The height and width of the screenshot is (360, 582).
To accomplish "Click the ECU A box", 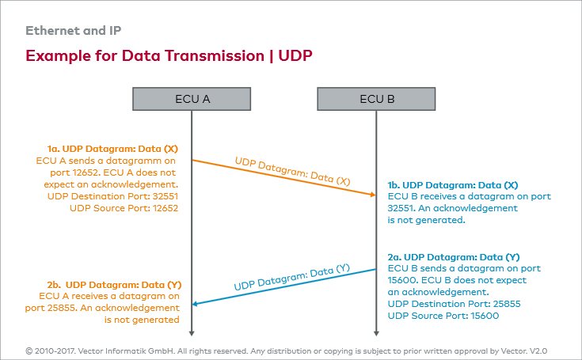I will pyautogui.click(x=192, y=99).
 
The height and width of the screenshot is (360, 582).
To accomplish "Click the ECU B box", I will pyautogui.click(x=376, y=99).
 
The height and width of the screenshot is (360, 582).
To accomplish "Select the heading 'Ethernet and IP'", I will pyautogui.click(x=74, y=31).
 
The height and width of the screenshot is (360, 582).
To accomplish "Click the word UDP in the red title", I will pyautogui.click(x=295, y=56).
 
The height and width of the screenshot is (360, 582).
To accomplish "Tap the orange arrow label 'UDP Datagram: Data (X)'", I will pyautogui.click(x=292, y=172).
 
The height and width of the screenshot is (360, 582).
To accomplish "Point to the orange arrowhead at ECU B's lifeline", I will pyautogui.click(x=371, y=194).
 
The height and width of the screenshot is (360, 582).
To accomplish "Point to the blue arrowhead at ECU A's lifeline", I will pyautogui.click(x=198, y=303).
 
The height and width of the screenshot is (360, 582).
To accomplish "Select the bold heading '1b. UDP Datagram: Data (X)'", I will pyautogui.click(x=453, y=184).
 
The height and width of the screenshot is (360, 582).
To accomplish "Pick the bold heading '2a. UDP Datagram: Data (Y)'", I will pyautogui.click(x=454, y=257).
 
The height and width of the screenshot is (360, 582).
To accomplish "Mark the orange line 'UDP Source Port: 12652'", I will pyautogui.click(x=124, y=208).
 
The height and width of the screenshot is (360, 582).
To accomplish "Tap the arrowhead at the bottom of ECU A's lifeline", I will pyautogui.click(x=192, y=332).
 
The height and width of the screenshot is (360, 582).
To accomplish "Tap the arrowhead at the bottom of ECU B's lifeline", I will pyautogui.click(x=376, y=332).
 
